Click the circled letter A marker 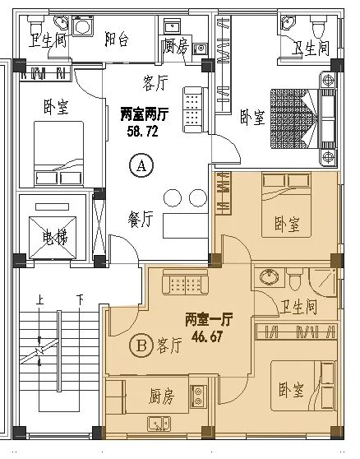(x=141, y=165)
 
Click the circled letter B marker (x=141, y=345)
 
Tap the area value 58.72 (x=143, y=131)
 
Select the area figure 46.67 (x=207, y=336)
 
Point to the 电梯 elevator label (x=54, y=238)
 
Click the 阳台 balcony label (x=117, y=39)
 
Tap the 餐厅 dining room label (x=141, y=219)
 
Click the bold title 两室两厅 (x=145, y=114)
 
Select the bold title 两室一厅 (x=209, y=319)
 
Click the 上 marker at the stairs (x=39, y=299)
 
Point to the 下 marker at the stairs (x=80, y=299)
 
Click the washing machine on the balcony (x=83, y=25)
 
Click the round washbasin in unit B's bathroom (x=270, y=276)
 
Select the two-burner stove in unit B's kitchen (x=198, y=396)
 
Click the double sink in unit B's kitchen (x=158, y=424)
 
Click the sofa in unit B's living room (x=186, y=282)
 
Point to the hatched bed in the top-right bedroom (x=294, y=118)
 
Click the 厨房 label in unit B (x=161, y=396)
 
